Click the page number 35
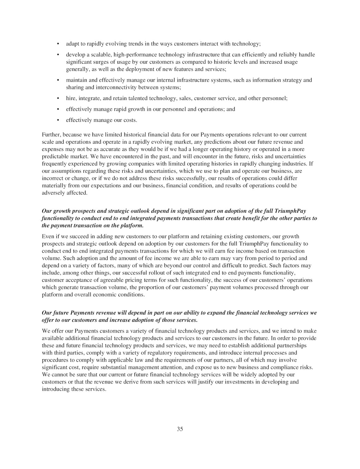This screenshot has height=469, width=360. (180, 429)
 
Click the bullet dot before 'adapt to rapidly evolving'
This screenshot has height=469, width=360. (58, 44)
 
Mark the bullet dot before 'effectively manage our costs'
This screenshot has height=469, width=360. (58, 120)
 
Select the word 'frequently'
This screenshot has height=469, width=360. (54, 164)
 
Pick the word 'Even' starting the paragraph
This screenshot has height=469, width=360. (48, 236)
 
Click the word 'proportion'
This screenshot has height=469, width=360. (168, 287)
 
